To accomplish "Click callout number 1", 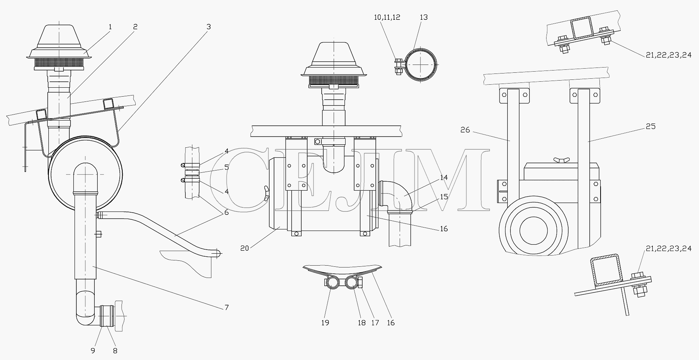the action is (x=110, y=27).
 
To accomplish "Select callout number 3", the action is (x=209, y=27).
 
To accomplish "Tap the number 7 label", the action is (x=227, y=308).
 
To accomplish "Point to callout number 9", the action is (x=93, y=351).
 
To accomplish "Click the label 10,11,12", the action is (x=387, y=17).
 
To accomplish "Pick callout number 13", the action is (x=424, y=17).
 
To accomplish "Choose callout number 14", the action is (x=444, y=178).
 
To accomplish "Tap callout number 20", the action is (x=245, y=248).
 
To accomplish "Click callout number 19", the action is (x=325, y=323).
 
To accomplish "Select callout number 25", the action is (x=651, y=126).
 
